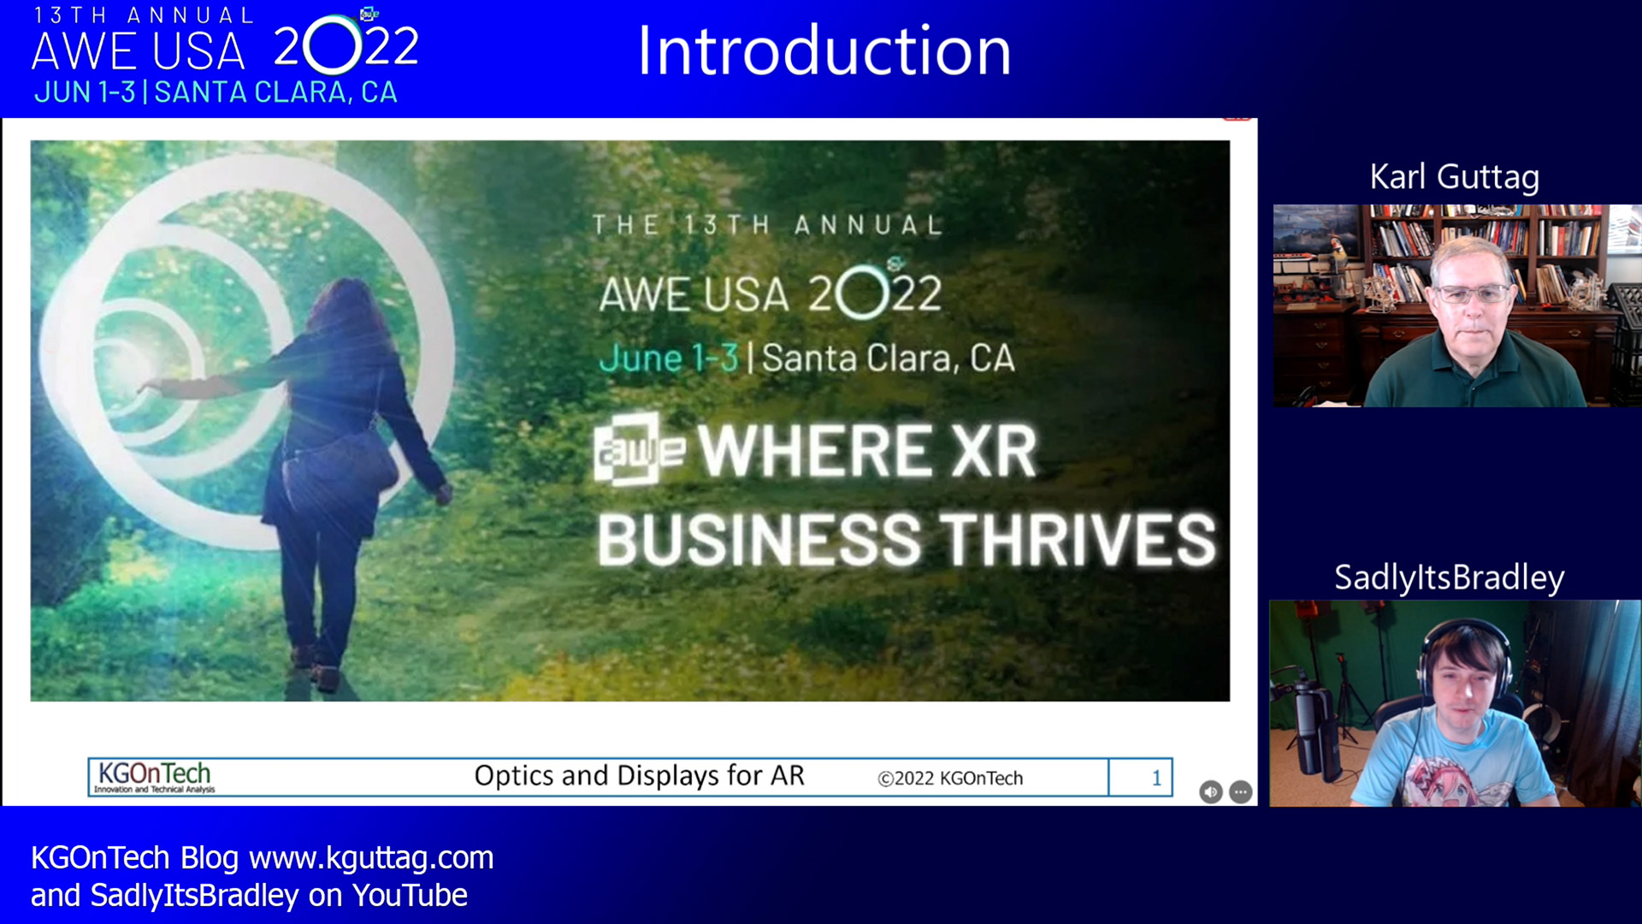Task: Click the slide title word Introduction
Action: [824, 51]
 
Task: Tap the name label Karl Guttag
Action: [1455, 177]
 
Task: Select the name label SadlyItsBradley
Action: [1450, 577]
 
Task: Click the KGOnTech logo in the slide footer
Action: [155, 777]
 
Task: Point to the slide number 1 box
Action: [1141, 778]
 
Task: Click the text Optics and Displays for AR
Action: [640, 776]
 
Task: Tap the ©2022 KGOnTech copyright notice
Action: [950, 779]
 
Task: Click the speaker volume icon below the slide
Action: [1210, 792]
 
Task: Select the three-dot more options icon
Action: [1241, 792]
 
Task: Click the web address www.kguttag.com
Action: [371, 858]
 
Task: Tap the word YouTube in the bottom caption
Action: [410, 896]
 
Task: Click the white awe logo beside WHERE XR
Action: [639, 450]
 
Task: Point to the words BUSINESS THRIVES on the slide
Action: [907, 540]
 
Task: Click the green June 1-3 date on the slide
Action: [669, 358]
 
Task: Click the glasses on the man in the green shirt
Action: [1472, 294]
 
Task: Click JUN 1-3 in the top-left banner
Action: [85, 92]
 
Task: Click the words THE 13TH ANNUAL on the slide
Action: [768, 225]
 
